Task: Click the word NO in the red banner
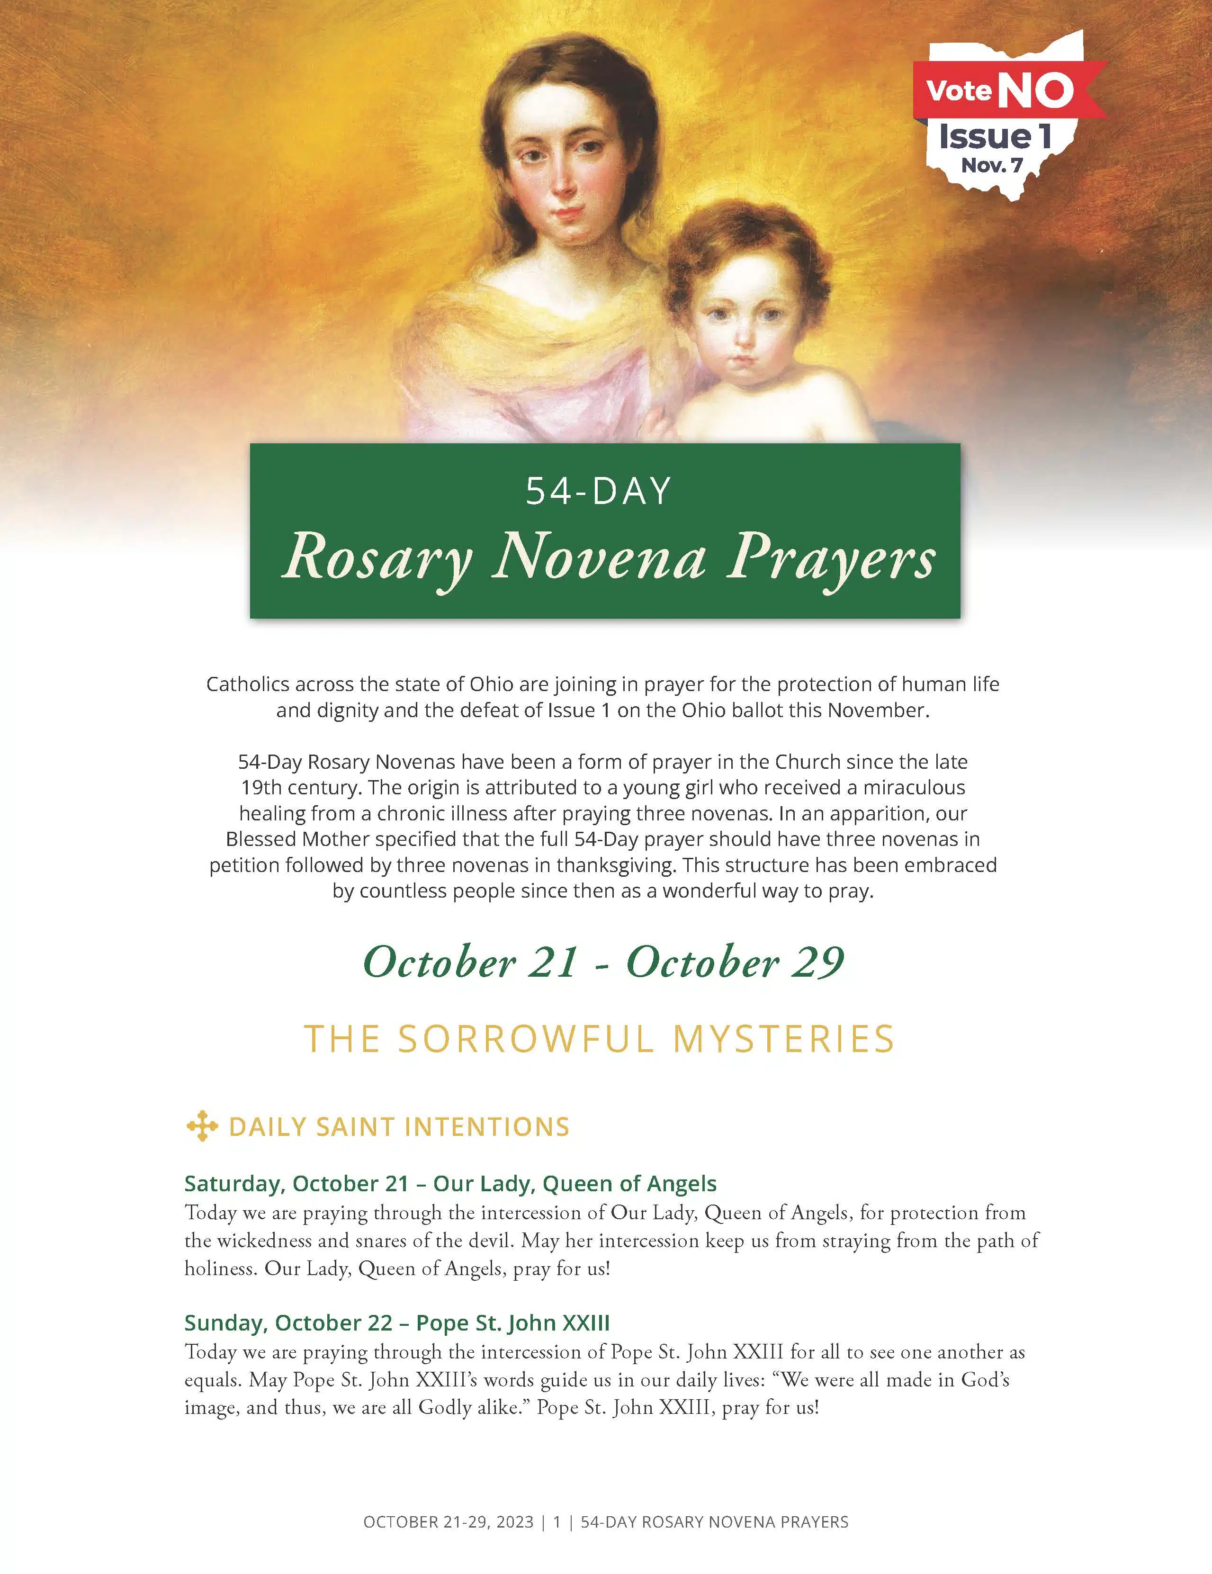pos(1035,91)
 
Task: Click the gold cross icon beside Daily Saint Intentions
pos(202,1126)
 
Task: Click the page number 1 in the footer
pos(557,1521)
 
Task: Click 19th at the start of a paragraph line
pos(261,787)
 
